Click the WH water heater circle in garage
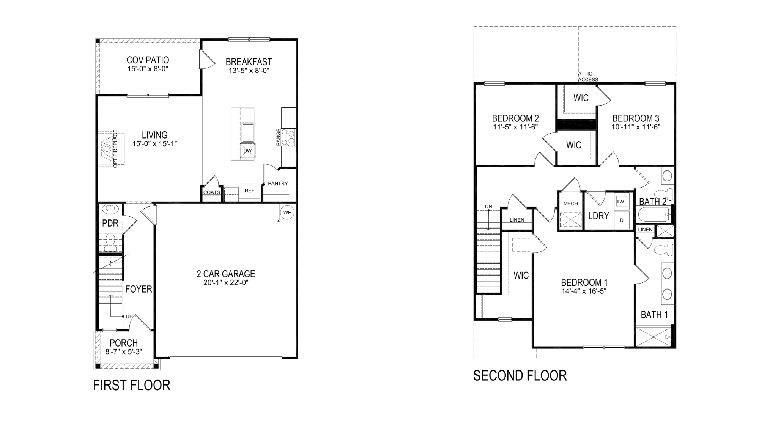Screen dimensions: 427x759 tap(287, 212)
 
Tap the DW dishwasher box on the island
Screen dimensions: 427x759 tap(247, 151)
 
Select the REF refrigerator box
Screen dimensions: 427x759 tap(249, 191)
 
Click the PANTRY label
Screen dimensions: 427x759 tap(278, 183)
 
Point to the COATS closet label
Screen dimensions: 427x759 tap(211, 192)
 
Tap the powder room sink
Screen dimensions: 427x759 tap(110, 208)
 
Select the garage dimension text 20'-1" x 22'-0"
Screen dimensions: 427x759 tap(225, 283)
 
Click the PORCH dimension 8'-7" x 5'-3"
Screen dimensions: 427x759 tap(124, 352)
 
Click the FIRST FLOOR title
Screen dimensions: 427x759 tap(131, 385)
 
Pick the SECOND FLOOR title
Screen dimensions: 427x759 tap(520, 376)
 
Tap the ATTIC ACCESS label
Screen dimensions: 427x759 tap(587, 77)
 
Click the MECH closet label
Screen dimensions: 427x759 tap(570, 203)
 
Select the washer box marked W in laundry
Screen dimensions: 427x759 tap(621, 201)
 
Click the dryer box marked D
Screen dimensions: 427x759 tap(621, 220)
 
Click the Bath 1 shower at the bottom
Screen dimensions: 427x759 tap(653, 337)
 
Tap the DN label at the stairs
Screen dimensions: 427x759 tap(488, 206)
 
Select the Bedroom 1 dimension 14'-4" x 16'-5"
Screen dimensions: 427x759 tap(584, 291)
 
